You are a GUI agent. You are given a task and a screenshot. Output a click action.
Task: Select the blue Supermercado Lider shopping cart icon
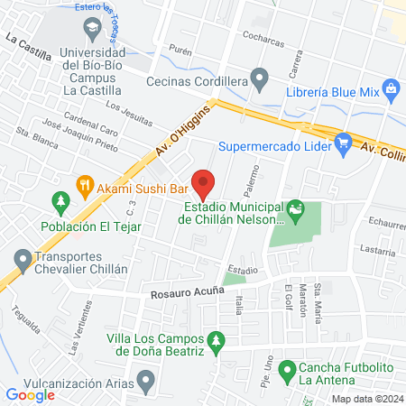[342, 142]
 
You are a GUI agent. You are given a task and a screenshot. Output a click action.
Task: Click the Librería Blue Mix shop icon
[391, 88]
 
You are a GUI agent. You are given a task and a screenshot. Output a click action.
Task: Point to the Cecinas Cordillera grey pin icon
[260, 79]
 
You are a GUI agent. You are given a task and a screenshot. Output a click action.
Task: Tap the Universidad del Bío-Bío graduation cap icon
[91, 29]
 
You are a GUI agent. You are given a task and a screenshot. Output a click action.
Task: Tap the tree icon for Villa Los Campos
[215, 341]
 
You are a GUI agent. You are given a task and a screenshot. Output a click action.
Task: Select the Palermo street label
[254, 180]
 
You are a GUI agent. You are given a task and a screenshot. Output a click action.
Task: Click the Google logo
[31, 394]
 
